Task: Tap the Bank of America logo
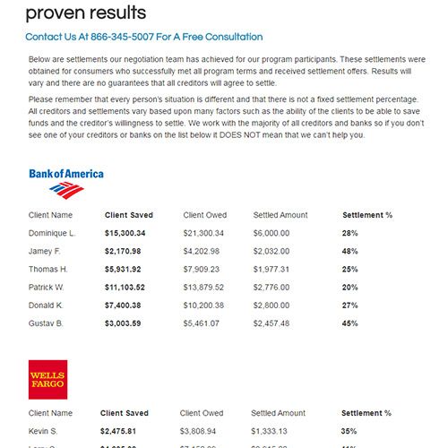point(65,182)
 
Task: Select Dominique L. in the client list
point(52,233)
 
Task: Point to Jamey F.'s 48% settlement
point(349,251)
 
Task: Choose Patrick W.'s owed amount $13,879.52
point(204,287)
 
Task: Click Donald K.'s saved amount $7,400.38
point(125,305)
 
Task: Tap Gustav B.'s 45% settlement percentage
point(349,323)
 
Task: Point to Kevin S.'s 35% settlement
point(349,431)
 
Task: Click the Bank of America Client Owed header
point(205,215)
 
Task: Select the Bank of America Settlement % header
point(367,215)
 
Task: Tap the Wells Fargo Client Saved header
point(126,413)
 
